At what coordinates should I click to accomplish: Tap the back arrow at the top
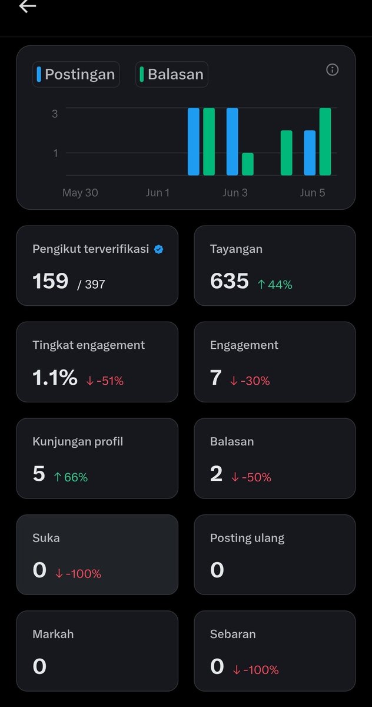28,6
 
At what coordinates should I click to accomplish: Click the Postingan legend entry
76,74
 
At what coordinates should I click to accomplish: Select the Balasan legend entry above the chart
172,74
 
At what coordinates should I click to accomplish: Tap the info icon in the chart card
333,70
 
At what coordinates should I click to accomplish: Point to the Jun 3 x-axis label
235,193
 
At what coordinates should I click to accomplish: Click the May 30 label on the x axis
80,193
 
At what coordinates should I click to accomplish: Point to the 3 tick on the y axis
55,114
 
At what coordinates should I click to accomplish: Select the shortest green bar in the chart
248,164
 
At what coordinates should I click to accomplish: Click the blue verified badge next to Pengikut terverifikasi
158,249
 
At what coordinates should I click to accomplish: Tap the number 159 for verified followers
51,281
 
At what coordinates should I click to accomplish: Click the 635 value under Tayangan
230,281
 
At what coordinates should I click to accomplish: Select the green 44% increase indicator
275,285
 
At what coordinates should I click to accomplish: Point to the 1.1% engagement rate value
55,377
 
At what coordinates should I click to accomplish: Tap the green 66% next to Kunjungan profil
71,477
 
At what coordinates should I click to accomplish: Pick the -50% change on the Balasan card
251,477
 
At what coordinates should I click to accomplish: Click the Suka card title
46,538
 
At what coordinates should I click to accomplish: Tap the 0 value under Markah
39,666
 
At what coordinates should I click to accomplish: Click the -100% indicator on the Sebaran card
255,670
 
